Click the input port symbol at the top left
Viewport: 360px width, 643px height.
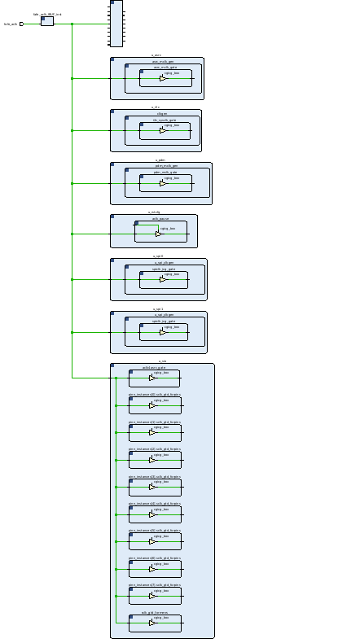(x=22, y=24)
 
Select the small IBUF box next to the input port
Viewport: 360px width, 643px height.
(x=47, y=21)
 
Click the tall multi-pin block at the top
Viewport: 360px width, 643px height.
(x=116, y=24)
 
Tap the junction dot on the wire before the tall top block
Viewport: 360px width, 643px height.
(x=72, y=24)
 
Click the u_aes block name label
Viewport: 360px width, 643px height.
(x=156, y=55)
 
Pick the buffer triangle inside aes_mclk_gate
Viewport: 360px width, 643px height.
(x=163, y=79)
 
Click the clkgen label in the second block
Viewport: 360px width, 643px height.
(x=162, y=113)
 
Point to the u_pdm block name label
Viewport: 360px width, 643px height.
(x=160, y=160)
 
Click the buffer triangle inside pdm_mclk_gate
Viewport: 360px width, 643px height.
(x=162, y=183)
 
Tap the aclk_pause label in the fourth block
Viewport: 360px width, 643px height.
(x=160, y=218)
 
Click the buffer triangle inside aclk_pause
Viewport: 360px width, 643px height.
(x=159, y=234)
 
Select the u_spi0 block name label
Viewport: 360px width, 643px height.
(x=158, y=256)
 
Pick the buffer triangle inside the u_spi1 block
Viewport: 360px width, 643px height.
(x=160, y=332)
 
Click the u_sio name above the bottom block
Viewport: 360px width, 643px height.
(x=162, y=361)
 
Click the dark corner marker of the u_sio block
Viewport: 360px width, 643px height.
(x=114, y=367)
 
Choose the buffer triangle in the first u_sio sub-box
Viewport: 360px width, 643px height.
(x=152, y=378)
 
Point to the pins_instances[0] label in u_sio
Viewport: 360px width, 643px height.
(x=154, y=393)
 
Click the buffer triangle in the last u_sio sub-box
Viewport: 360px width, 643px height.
(x=152, y=623)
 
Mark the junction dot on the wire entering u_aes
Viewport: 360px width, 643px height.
(x=72, y=79)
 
